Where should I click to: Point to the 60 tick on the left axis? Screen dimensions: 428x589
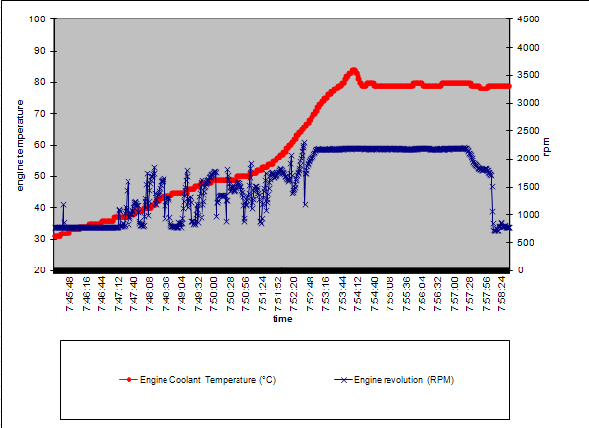(x=40, y=145)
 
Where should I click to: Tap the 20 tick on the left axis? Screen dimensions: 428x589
(x=40, y=270)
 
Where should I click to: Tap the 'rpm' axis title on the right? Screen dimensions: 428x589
(x=548, y=146)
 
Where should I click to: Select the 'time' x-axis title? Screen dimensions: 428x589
(x=281, y=318)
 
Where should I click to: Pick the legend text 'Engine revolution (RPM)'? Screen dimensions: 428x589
(x=404, y=380)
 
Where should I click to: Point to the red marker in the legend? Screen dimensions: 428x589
(x=129, y=380)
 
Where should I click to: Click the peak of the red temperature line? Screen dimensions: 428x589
(x=354, y=70)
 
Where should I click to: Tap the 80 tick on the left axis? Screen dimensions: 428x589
(x=40, y=83)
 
